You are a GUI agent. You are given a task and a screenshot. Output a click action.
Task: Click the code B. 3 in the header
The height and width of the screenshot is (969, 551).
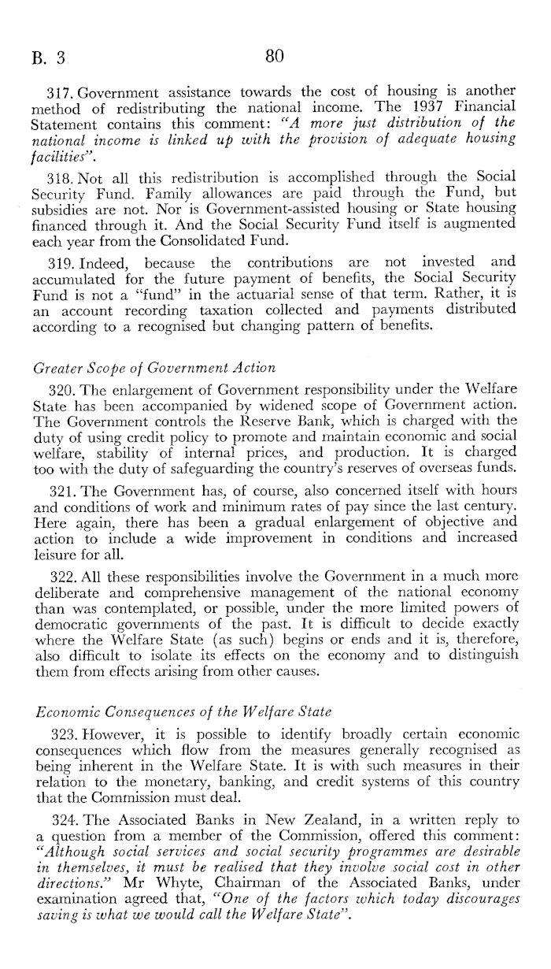coord(48,58)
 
